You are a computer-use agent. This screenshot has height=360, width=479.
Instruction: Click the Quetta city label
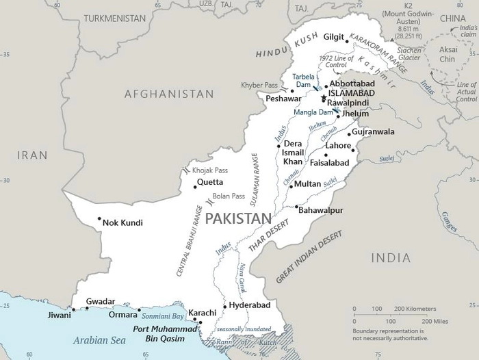210,183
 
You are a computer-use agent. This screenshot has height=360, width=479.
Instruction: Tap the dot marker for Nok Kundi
100,220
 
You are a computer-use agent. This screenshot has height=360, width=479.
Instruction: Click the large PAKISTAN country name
234,218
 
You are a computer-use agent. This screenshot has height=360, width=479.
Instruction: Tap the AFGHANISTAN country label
169,94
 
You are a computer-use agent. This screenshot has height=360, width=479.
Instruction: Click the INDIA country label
391,258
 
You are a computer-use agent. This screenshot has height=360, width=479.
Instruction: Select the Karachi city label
203,313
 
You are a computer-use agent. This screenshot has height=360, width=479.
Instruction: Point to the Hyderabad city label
250,305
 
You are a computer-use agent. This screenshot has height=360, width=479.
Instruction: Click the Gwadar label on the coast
101,301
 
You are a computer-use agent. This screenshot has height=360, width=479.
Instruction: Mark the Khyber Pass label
261,85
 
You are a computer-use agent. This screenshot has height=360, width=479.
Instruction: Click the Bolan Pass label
229,196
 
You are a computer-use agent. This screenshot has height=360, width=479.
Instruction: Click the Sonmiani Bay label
163,317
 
